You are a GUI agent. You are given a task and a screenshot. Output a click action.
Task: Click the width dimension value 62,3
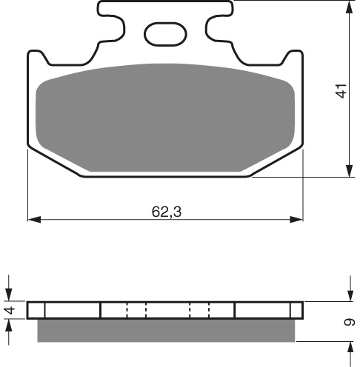tap(167, 212)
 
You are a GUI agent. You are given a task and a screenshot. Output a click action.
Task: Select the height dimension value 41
tap(341, 91)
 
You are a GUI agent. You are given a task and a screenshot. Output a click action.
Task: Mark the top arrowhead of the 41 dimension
tap(348, 6)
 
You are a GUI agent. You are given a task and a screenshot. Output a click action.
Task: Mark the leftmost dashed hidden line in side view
tap(127, 310)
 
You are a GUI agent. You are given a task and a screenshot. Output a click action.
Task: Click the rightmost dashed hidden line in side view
tap(210, 310)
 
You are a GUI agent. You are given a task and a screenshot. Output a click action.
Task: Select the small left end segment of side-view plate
tap(36, 310)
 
